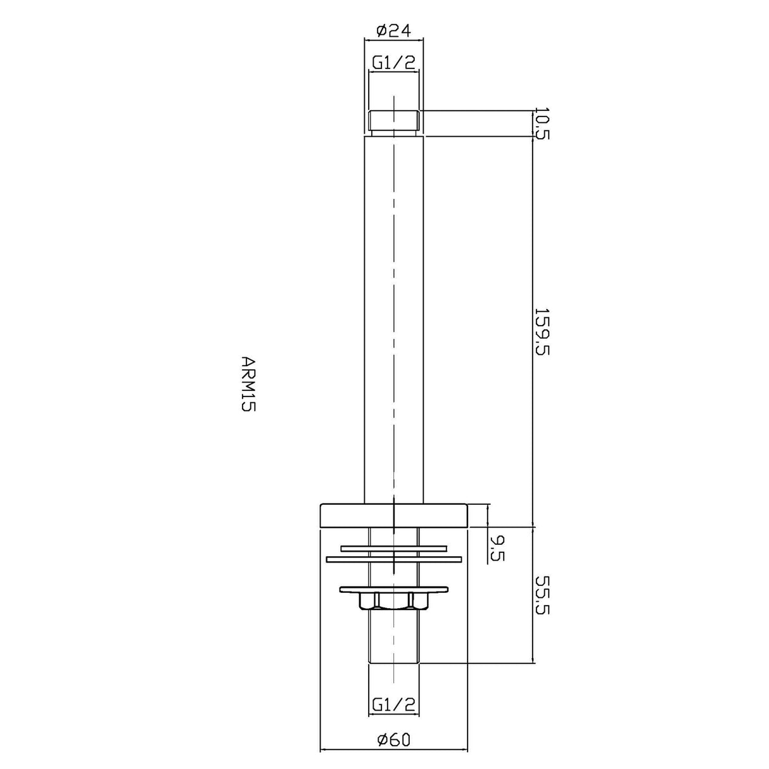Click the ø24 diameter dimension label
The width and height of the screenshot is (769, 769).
coord(393,31)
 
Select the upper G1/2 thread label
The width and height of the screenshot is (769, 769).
coord(393,63)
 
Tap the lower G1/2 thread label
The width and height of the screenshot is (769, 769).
coord(393,705)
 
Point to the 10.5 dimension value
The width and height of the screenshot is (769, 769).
coord(542,123)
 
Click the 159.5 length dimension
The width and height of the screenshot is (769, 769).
coord(542,332)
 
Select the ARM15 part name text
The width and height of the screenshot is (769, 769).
coord(248,384)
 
